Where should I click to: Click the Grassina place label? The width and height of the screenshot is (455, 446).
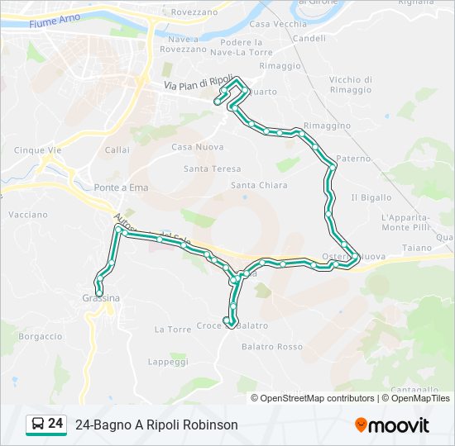click(x=101, y=298)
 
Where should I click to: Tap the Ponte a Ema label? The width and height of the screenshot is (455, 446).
click(x=121, y=187)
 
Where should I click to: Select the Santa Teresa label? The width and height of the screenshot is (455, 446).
click(x=213, y=168)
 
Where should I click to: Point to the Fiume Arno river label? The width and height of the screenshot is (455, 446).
click(x=54, y=22)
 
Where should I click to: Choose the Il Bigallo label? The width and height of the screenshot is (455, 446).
click(x=371, y=197)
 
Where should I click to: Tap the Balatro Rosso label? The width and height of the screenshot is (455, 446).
click(x=271, y=347)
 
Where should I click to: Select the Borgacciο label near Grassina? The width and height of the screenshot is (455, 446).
click(x=41, y=336)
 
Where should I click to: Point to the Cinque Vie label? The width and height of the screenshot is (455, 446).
click(x=38, y=150)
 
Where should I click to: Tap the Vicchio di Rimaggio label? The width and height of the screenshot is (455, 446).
click(x=350, y=84)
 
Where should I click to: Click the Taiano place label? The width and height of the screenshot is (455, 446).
click(x=418, y=248)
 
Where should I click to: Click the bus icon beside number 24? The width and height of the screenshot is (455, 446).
click(x=37, y=425)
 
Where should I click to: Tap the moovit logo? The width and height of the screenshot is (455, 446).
click(x=392, y=425)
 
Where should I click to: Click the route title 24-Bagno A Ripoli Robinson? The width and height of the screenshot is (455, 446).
click(x=156, y=425)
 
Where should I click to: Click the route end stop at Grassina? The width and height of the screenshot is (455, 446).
click(x=99, y=292)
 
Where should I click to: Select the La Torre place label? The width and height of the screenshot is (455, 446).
click(x=173, y=329)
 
